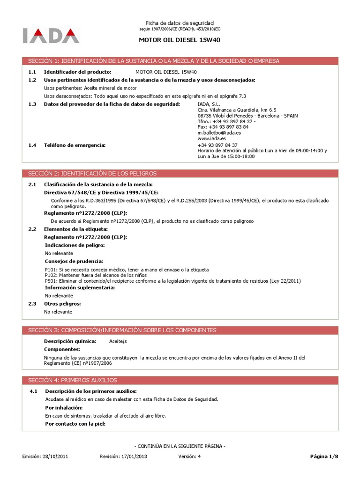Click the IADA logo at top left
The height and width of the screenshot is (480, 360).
tap(51, 36)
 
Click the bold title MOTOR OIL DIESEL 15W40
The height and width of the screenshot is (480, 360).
tap(180, 40)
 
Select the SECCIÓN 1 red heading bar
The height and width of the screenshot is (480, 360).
tap(180, 61)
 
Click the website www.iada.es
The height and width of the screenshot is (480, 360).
tap(212, 139)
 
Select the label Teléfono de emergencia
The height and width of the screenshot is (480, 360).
tap(75, 145)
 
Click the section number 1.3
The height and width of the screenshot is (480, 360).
tap(32, 104)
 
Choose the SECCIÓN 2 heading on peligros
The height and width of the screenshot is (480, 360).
tap(180, 173)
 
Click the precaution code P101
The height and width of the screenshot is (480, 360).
tap(51, 270)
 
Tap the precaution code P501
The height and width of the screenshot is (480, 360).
tap(51, 281)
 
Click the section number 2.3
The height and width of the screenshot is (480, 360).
tap(32, 303)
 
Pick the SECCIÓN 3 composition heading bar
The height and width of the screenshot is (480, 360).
tap(180, 330)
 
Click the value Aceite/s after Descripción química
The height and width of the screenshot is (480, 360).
tap(118, 341)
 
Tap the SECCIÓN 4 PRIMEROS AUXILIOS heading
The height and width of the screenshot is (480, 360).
tap(180, 380)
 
